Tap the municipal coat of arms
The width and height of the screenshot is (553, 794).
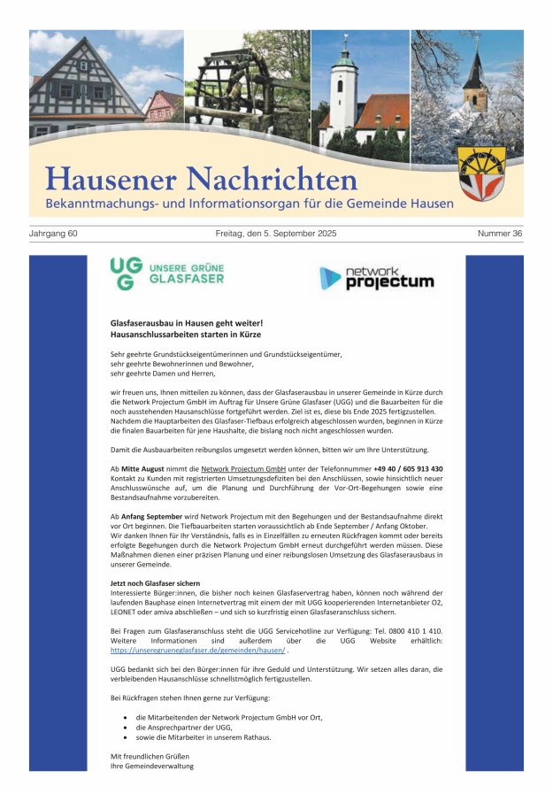click(x=481, y=173)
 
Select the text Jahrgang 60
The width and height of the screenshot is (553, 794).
click(x=53, y=234)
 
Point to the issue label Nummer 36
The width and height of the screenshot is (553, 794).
click(x=500, y=234)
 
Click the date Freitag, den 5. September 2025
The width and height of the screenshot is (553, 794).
click(x=276, y=234)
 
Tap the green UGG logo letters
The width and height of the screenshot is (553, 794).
click(x=123, y=274)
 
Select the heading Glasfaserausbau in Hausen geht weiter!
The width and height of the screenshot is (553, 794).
click(x=187, y=325)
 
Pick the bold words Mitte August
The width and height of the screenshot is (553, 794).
click(x=144, y=468)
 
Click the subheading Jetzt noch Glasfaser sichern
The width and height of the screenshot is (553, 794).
click(x=155, y=582)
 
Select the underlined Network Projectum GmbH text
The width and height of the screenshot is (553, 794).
click(x=243, y=468)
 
